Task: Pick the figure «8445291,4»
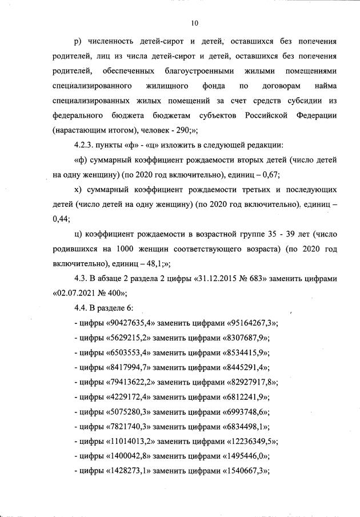(x=242, y=367)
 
